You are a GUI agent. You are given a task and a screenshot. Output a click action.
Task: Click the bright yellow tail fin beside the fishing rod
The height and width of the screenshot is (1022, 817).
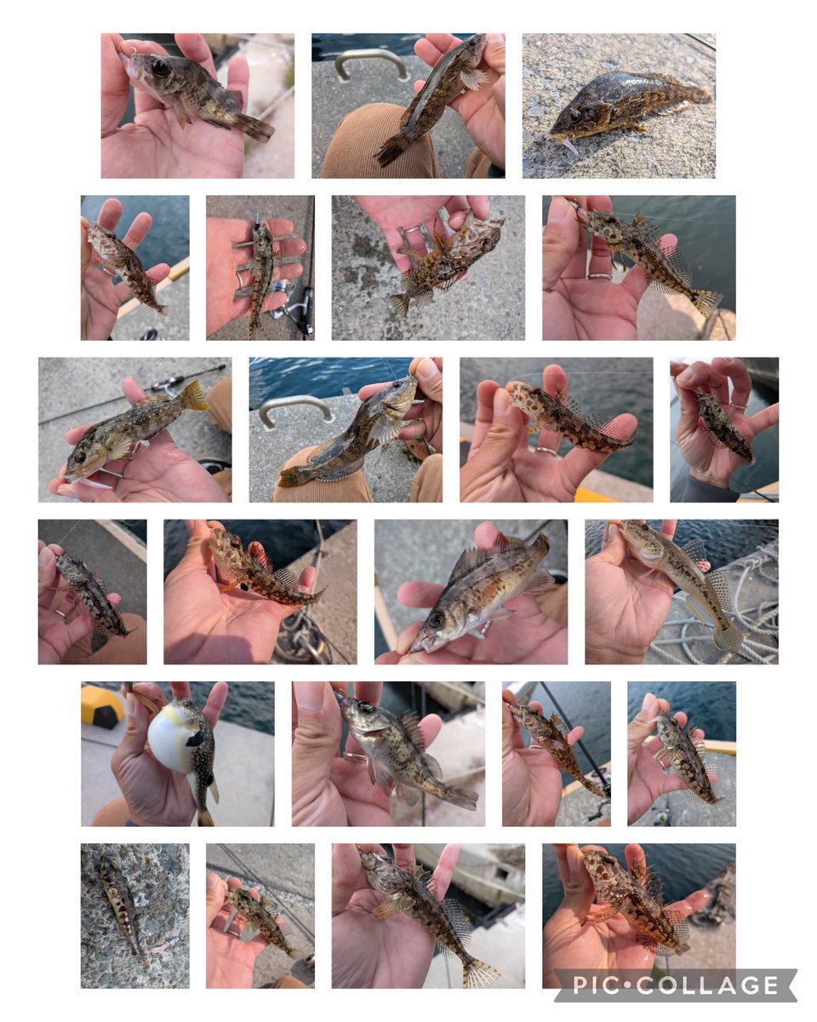(195, 395)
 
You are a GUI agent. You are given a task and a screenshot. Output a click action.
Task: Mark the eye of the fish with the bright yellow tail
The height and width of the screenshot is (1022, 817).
(80, 456)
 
